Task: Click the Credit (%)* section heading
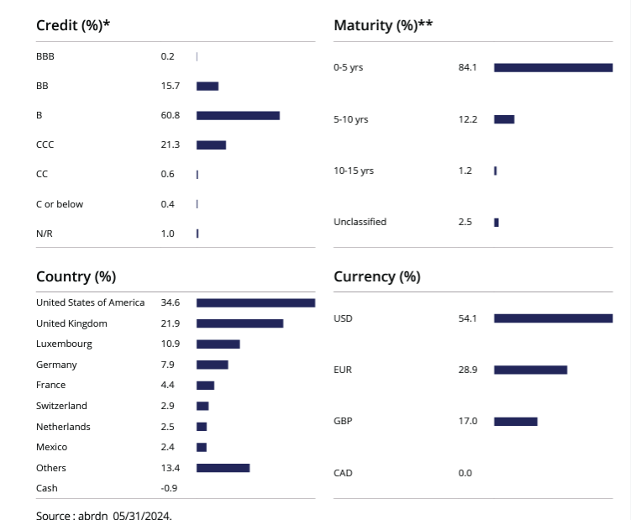click(x=73, y=25)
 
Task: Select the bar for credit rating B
click(x=238, y=115)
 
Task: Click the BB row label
click(x=42, y=86)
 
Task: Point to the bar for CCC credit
click(x=211, y=144)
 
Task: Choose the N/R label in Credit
click(x=45, y=234)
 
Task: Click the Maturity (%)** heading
click(x=383, y=25)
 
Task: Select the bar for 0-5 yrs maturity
click(x=553, y=67)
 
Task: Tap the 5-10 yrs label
click(x=350, y=119)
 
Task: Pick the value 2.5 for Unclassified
click(x=465, y=222)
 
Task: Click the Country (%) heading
click(x=76, y=276)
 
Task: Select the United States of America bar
click(x=255, y=302)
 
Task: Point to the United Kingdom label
click(x=71, y=323)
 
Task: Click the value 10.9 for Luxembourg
click(x=170, y=344)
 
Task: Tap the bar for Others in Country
click(x=223, y=468)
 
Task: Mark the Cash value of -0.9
click(x=169, y=488)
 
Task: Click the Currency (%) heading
click(x=377, y=276)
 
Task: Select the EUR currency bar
click(x=530, y=370)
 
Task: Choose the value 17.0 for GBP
click(x=467, y=421)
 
